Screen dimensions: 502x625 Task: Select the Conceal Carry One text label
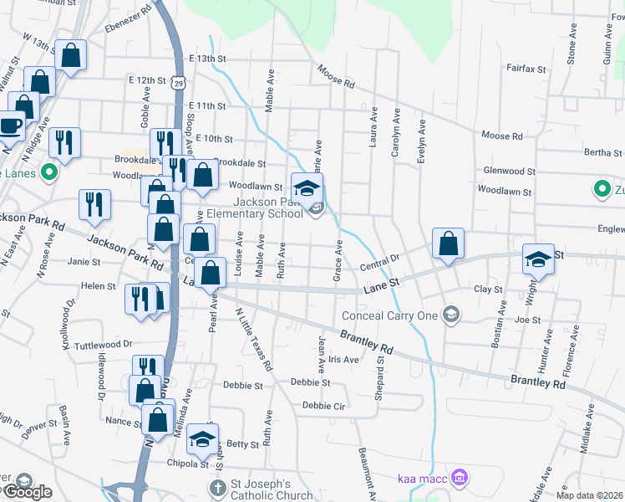coord(391,315)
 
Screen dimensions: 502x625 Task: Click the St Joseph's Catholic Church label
coord(261,489)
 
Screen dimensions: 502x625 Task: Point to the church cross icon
coord(216,487)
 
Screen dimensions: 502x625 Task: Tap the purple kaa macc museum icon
coord(458,478)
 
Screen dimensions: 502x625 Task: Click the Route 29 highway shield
coord(178,82)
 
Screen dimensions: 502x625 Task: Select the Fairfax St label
coord(526,69)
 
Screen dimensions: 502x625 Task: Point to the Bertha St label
coord(604,153)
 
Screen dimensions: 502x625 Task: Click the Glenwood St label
coord(509,171)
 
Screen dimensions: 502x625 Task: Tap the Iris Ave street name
coord(343,359)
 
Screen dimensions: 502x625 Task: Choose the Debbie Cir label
coord(324,405)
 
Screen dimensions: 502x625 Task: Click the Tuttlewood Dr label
coord(104,344)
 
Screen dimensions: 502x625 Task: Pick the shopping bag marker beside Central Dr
coord(449,243)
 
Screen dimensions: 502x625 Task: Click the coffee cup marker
coord(10,125)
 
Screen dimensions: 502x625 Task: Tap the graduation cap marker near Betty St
coord(202,438)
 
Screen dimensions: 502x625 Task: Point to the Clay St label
coord(487,289)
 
